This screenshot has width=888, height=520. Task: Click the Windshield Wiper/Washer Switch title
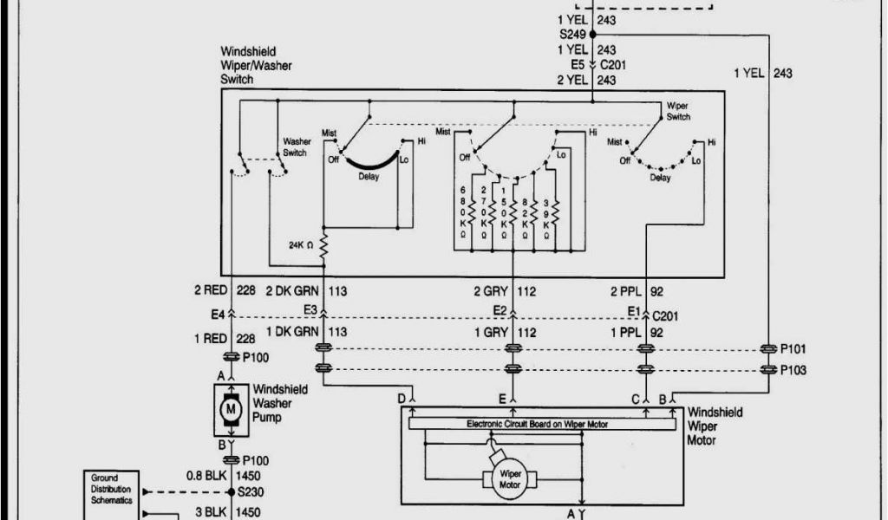(x=257, y=65)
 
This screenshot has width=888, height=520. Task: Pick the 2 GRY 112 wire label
(x=505, y=291)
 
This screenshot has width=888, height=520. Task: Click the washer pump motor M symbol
(x=231, y=408)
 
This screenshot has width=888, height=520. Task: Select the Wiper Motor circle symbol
(x=507, y=478)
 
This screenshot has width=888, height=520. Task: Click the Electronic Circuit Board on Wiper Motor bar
(x=543, y=424)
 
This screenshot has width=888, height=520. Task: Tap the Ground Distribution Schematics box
(x=112, y=490)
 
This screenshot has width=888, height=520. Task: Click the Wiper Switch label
(x=678, y=112)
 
